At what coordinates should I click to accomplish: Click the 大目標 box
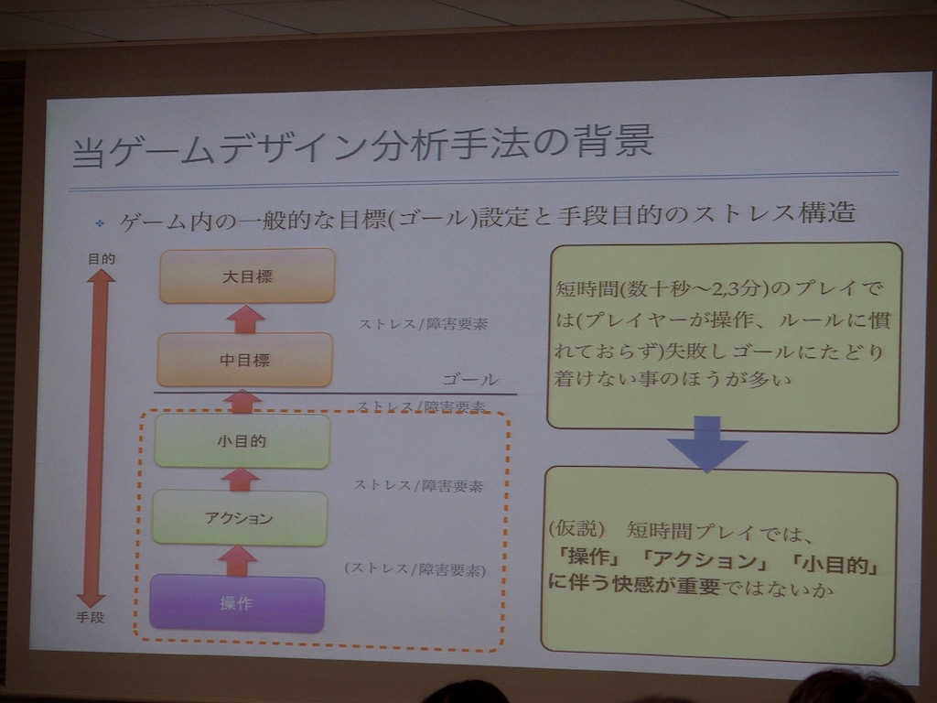[247, 276]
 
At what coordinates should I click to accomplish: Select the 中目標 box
[244, 359]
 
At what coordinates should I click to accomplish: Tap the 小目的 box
[242, 440]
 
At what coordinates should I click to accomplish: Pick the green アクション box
[240, 518]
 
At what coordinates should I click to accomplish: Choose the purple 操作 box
[237, 602]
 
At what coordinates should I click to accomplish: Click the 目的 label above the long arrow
[101, 258]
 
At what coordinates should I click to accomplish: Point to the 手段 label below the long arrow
[91, 617]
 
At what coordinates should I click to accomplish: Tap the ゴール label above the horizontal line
[470, 379]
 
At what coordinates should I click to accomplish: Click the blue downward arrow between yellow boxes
[707, 444]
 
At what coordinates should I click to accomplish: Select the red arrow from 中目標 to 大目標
[245, 319]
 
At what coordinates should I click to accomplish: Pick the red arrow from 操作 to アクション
[237, 561]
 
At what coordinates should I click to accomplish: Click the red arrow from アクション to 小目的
[240, 480]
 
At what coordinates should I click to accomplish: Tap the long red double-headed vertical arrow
[96, 438]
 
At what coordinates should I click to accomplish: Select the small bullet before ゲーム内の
[100, 223]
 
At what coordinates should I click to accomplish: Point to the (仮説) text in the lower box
[576, 528]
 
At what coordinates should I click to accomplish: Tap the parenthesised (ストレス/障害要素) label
[415, 569]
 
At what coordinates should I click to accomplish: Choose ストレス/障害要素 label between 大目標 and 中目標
[423, 324]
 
